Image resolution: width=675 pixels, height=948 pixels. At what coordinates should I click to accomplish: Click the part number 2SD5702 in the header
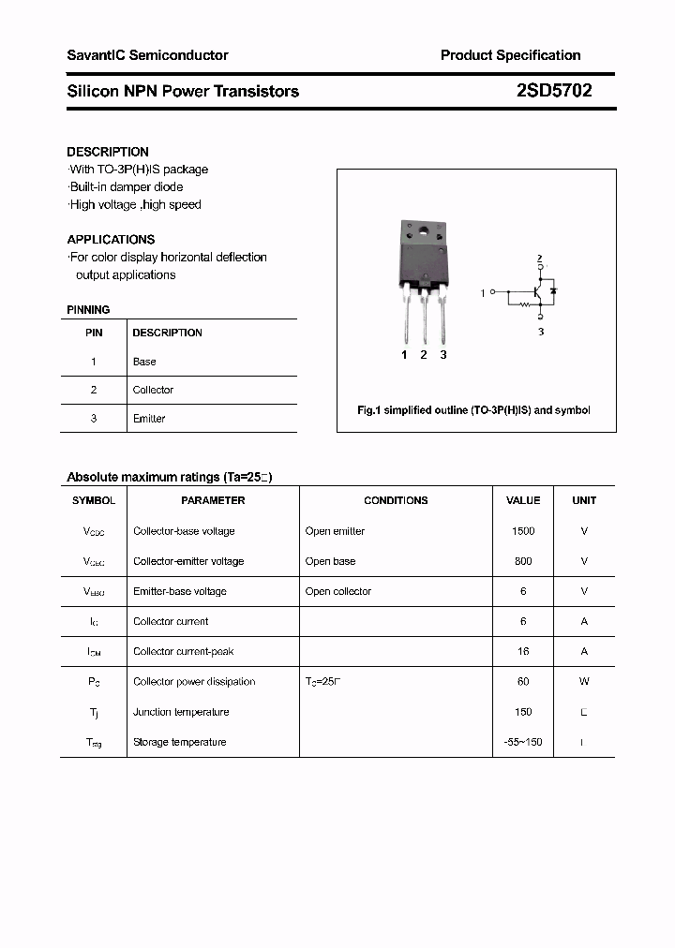pos(553,91)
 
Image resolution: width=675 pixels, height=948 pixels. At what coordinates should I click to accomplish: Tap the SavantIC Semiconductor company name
pos(147,55)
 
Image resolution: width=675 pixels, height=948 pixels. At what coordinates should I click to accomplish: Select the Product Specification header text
pos(510,55)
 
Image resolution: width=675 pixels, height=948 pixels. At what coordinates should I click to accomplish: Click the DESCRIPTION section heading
pos(108,152)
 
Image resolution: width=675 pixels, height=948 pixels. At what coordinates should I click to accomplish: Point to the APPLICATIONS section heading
pos(111,240)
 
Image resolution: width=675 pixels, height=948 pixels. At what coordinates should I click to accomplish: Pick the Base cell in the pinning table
pos(144,362)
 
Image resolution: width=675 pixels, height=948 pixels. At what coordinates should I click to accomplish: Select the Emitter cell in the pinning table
pos(149,419)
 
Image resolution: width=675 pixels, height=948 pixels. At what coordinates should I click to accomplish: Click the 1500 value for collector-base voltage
pos(523,531)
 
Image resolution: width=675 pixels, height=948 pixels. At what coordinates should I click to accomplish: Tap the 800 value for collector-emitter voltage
pos(523,561)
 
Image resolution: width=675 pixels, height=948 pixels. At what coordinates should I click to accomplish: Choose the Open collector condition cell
pos(337,591)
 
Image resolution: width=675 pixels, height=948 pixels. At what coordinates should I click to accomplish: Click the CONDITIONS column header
pos(396,500)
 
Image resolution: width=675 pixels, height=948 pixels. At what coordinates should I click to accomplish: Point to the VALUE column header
pos(523,500)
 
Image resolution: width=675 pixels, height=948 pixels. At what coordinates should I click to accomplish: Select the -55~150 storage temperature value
pos(523,742)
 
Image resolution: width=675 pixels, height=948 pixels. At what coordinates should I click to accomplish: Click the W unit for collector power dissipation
pos(584,682)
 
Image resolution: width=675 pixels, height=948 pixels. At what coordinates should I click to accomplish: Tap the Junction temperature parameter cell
pos(181,712)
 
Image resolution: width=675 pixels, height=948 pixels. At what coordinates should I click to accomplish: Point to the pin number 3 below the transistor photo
pos(443,355)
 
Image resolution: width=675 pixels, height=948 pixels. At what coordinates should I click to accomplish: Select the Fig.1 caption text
pos(474,410)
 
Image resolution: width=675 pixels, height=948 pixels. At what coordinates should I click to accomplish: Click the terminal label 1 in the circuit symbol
pos(484,294)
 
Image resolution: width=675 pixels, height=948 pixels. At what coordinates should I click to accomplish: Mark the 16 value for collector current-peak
pos(523,651)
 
